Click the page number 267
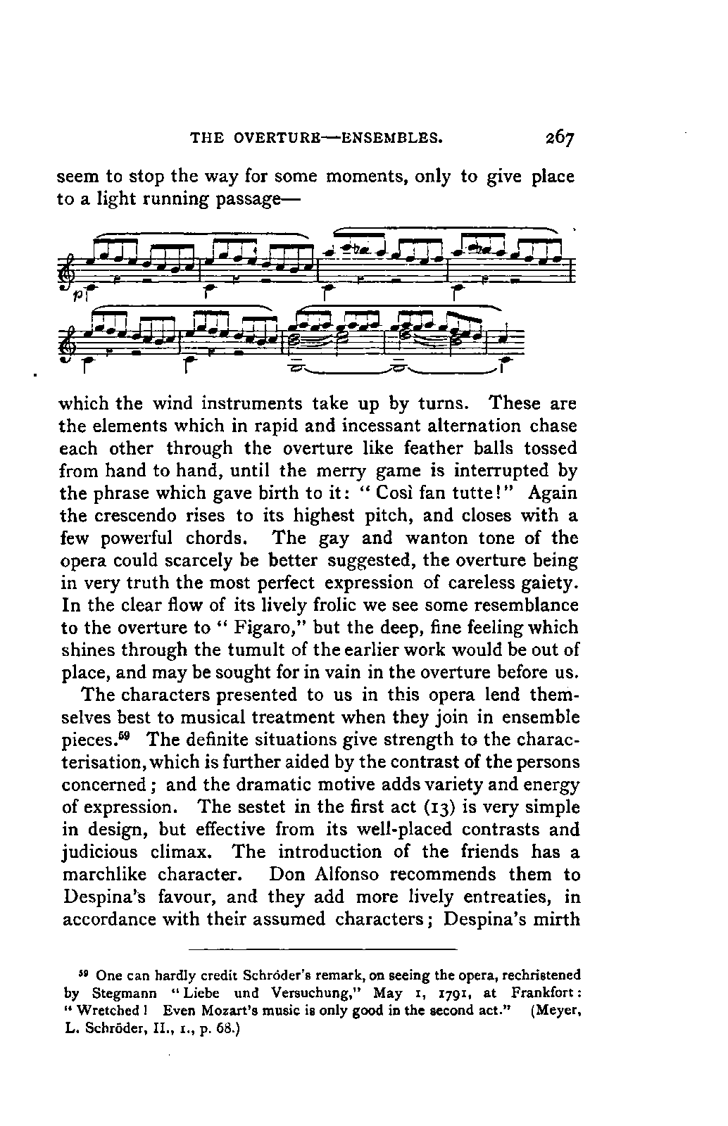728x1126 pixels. pyautogui.click(x=556, y=136)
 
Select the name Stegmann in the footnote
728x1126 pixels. pyautogui.click(x=124, y=994)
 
